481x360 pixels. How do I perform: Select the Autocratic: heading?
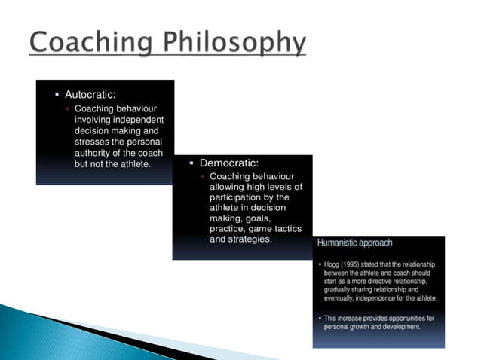coord(90,96)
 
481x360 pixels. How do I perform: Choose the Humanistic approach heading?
coord(354,243)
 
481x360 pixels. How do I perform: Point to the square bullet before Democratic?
coord(191,163)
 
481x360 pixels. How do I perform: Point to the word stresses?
coord(95,142)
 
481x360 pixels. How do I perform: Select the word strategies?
coord(250,239)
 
